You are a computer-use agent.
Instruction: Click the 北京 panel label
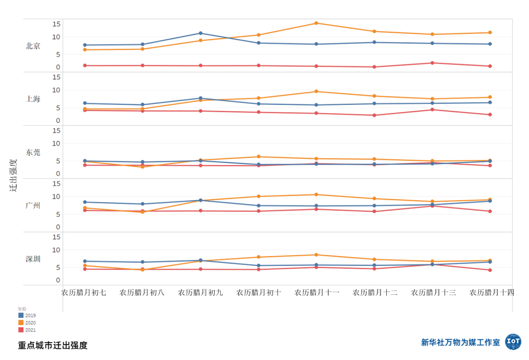33,46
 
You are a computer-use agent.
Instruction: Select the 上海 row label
33,99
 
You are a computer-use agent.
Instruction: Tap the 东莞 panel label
33,152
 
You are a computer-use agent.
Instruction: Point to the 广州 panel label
33,206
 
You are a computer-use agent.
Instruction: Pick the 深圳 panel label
33,259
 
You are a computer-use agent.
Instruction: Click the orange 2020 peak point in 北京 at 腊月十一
316,23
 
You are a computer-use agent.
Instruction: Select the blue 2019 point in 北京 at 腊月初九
200,33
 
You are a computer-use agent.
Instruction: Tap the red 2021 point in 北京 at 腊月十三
432,63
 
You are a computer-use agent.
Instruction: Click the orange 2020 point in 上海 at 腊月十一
316,92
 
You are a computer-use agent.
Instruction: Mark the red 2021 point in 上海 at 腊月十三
432,110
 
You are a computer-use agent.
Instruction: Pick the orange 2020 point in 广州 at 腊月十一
316,195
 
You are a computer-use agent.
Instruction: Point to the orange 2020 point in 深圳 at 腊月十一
316,255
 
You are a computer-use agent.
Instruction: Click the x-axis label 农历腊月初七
84,292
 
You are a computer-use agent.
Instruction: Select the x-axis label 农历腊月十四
491,292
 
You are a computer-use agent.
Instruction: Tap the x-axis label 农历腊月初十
259,292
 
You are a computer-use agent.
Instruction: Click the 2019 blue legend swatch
21,316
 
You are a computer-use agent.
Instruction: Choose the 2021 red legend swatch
21,330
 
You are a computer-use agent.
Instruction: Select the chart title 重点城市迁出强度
53,345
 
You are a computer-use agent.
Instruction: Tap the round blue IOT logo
513,342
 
